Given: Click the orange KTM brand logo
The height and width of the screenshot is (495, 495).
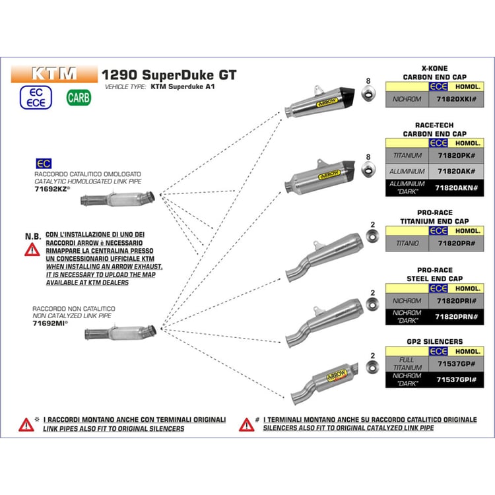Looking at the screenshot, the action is tap(54, 74).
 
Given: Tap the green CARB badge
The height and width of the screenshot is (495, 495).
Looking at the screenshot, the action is tap(79, 98).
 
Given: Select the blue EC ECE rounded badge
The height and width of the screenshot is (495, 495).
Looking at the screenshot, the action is tap(36, 98).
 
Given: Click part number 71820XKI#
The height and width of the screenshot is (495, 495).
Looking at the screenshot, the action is tap(456, 99).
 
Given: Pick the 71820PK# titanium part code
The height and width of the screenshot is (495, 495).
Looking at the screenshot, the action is tap(456, 156).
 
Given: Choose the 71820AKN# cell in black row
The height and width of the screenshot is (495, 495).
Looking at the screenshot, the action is tap(456, 188).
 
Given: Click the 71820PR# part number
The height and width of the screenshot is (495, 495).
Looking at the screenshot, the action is tap(456, 244).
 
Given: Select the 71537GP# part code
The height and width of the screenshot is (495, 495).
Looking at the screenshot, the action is tap(456, 364).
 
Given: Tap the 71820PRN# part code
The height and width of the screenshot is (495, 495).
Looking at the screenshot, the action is tap(456, 317).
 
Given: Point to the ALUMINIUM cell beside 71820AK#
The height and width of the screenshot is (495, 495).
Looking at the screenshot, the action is tap(407, 172).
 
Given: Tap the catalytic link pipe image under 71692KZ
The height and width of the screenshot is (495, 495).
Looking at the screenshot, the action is tap(117, 199).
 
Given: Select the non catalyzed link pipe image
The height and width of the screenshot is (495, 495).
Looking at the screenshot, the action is tap(120, 333).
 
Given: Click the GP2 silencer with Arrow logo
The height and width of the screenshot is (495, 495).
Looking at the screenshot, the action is tap(325, 383).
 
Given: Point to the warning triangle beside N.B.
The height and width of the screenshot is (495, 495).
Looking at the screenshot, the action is tap(32, 249).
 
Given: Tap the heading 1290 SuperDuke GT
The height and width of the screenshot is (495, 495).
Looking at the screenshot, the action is tap(169, 75).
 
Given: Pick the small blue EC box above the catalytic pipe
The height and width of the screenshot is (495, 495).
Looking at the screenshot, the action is tap(44, 164).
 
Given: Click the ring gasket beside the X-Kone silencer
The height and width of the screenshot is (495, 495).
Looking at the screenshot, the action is tap(368, 94).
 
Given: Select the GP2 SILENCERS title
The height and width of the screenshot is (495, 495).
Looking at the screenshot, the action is tap(435, 341).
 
